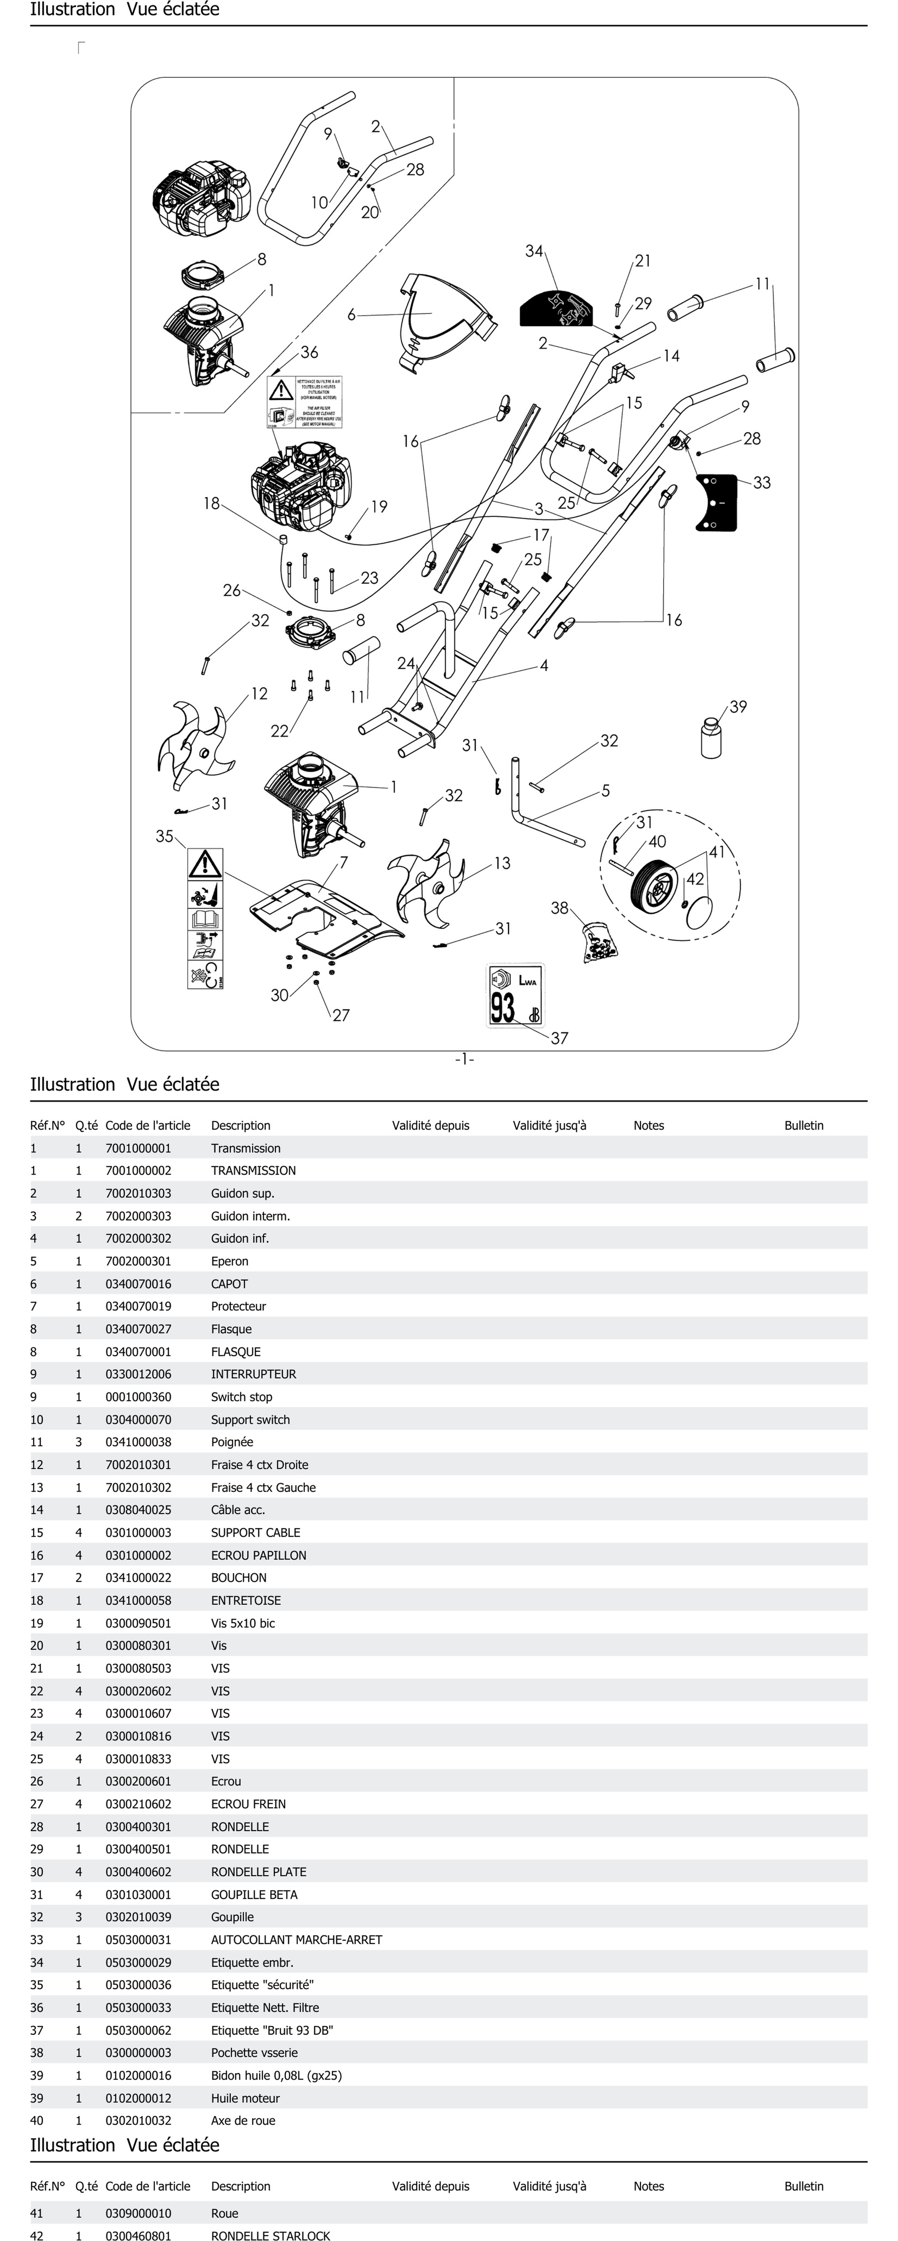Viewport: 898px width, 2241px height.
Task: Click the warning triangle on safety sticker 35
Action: [x=205, y=864]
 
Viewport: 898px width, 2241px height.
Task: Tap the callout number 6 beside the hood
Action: [x=351, y=315]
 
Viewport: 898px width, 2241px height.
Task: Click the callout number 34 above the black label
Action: [x=533, y=251]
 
